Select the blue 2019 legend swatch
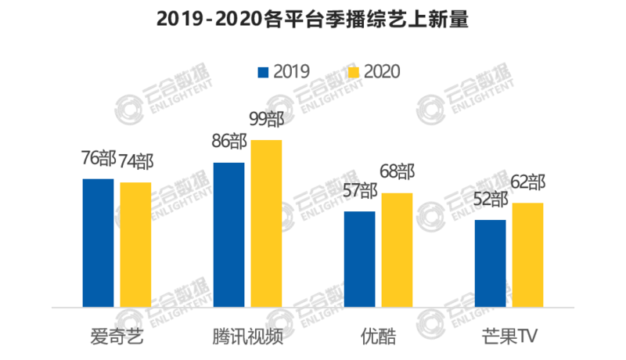pyautogui.click(x=264, y=72)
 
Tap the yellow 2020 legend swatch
pyautogui.click(x=353, y=72)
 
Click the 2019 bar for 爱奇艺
pyautogui.click(x=98, y=243)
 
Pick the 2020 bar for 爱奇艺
pyautogui.click(x=135, y=244)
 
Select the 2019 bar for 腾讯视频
pyautogui.click(x=228, y=235)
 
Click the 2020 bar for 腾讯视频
pyautogui.click(x=266, y=223)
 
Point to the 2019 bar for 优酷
pyautogui.click(x=359, y=259)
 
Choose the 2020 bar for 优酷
pyautogui.click(x=397, y=250)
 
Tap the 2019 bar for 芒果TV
pyautogui.click(x=490, y=263)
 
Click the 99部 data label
pyautogui.click(x=267, y=121)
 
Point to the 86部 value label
pyautogui.click(x=228, y=143)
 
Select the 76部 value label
pyautogui.click(x=98, y=160)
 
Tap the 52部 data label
pyautogui.click(x=490, y=200)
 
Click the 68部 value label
pyautogui.click(x=397, y=173)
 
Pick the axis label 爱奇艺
pyautogui.click(x=117, y=337)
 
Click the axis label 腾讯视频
pyautogui.click(x=247, y=337)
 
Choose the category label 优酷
pyautogui.click(x=378, y=337)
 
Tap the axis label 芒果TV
pyautogui.click(x=509, y=337)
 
